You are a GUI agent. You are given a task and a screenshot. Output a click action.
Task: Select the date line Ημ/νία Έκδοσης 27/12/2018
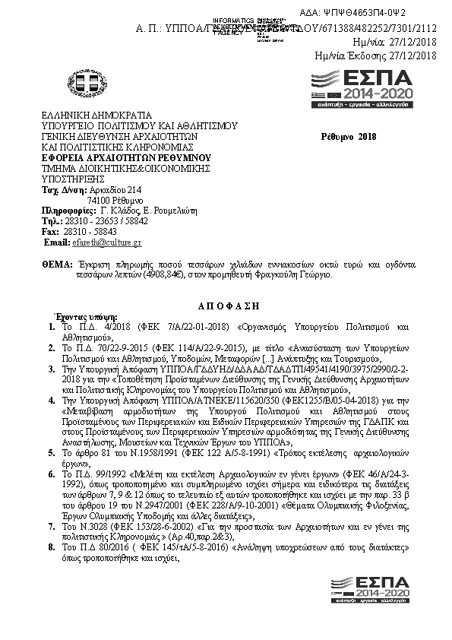tap(375, 55)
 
